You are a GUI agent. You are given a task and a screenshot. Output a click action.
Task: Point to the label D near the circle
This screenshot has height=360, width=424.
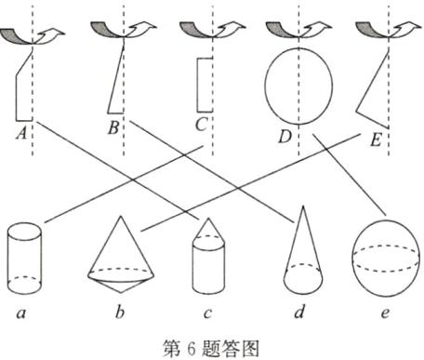[285, 138]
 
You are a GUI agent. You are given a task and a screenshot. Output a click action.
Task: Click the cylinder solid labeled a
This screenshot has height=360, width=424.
[24, 254]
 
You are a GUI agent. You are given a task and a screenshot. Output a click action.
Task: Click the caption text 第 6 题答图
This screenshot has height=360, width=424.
[214, 347]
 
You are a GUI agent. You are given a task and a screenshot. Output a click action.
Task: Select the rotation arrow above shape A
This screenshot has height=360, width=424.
[31, 36]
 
